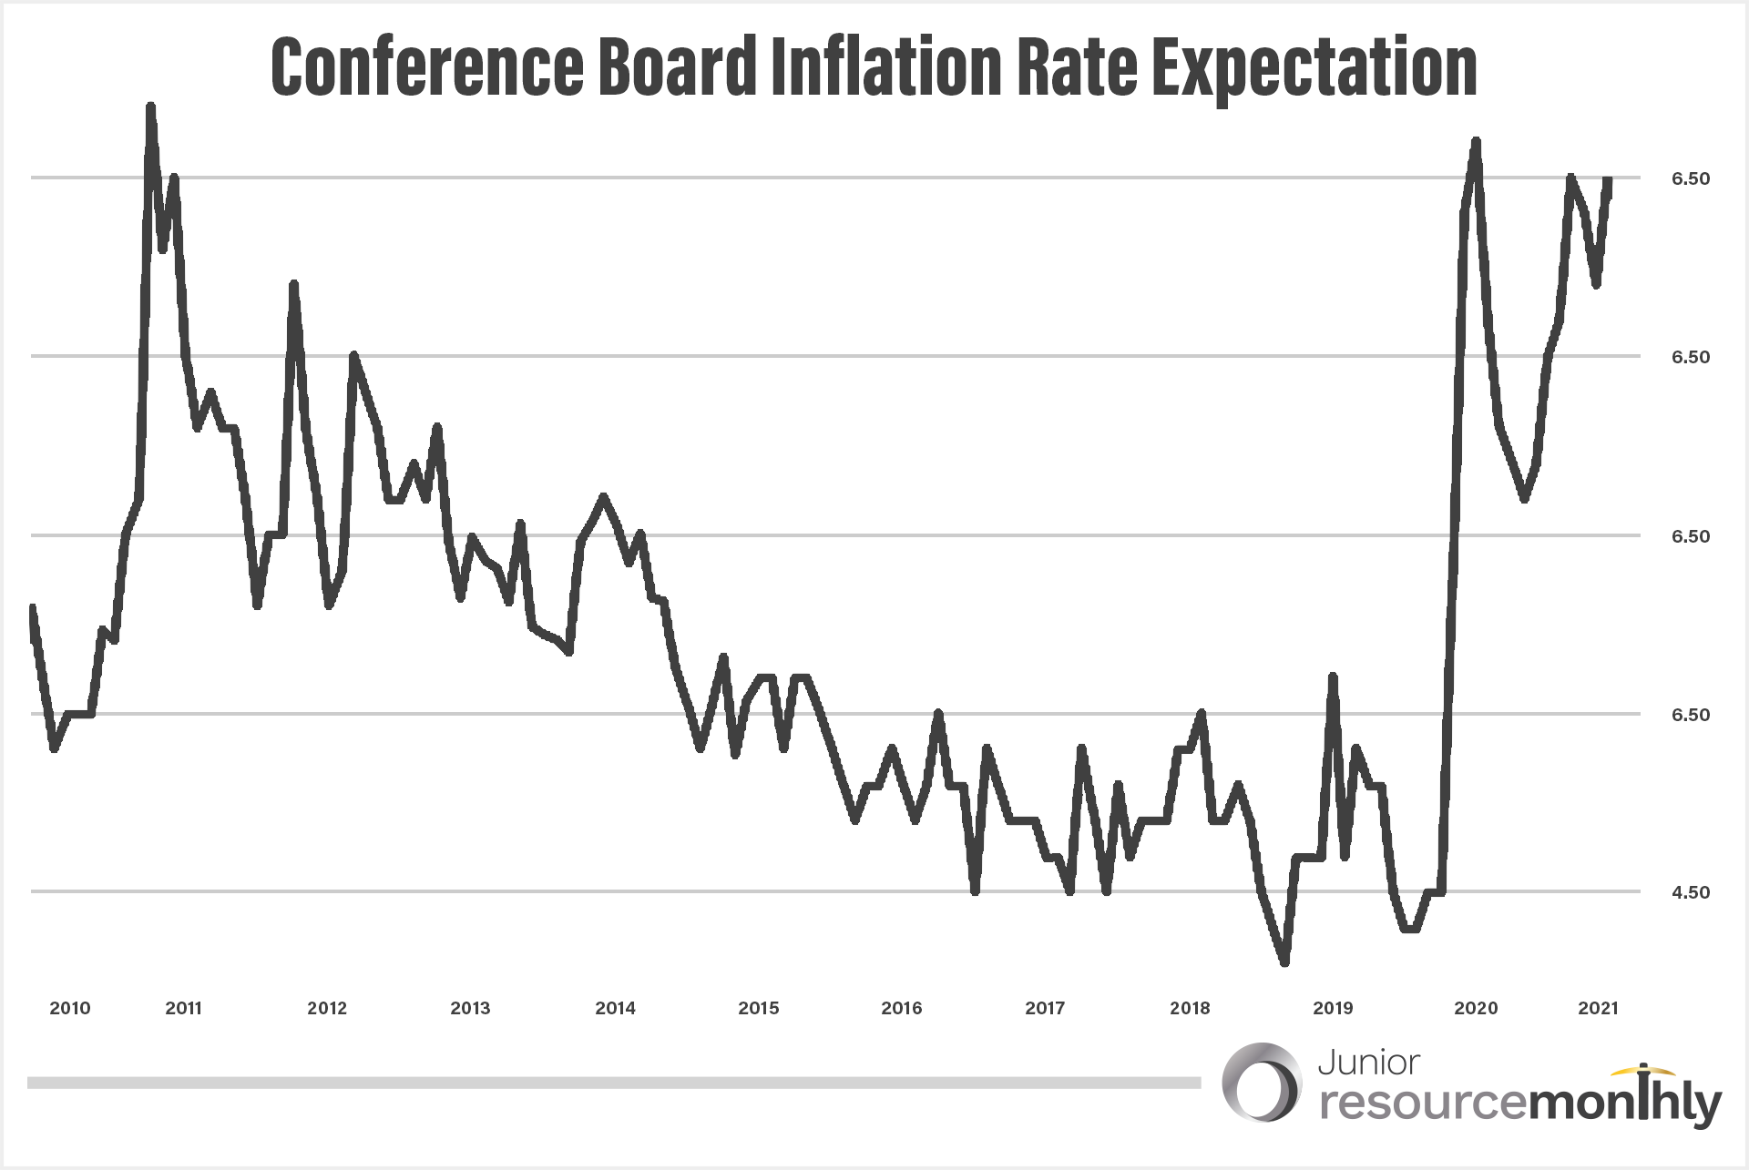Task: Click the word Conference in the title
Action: click(426, 66)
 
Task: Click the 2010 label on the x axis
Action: click(70, 1008)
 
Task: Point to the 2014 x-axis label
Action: click(615, 1008)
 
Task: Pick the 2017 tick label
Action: click(1045, 1008)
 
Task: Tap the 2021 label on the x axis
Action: click(1598, 1008)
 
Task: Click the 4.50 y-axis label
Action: click(1690, 892)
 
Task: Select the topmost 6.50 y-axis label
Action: click(1690, 178)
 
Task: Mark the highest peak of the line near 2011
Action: click(150, 107)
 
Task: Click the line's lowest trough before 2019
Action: click(1284, 961)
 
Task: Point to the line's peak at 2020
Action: click(1476, 142)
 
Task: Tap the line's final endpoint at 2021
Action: click(1609, 180)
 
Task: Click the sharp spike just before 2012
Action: click(293, 284)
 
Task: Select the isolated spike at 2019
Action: click(1333, 677)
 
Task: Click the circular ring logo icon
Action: click(1262, 1083)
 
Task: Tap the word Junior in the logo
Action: click(1368, 1063)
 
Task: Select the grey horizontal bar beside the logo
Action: click(614, 1083)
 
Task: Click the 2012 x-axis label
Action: click(327, 1008)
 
